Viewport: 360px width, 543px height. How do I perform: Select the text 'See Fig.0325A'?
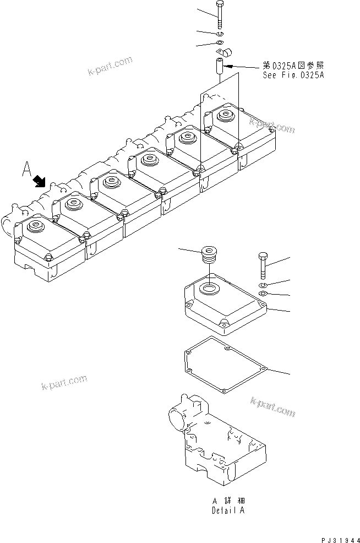click(x=293, y=75)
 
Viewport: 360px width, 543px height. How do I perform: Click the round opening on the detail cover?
click(x=210, y=287)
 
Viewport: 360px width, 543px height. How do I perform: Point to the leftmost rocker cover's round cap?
click(x=36, y=225)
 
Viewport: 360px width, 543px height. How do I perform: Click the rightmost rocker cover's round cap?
click(x=225, y=116)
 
